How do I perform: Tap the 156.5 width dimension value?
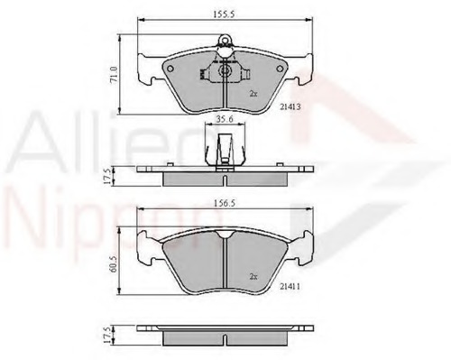coord(221,204)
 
